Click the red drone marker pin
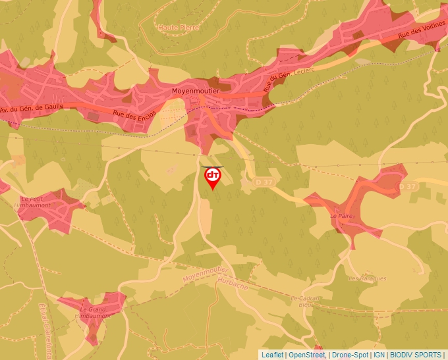[x=213, y=177]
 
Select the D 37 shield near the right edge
[x=408, y=187]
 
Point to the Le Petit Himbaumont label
[x=36, y=202]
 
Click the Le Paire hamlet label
[x=341, y=215]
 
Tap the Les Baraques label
[x=367, y=278]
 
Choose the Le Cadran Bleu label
[x=305, y=301]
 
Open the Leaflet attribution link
[x=272, y=355]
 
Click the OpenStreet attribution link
[x=306, y=355]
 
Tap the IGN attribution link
[x=379, y=355]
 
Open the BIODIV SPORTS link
[x=416, y=355]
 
